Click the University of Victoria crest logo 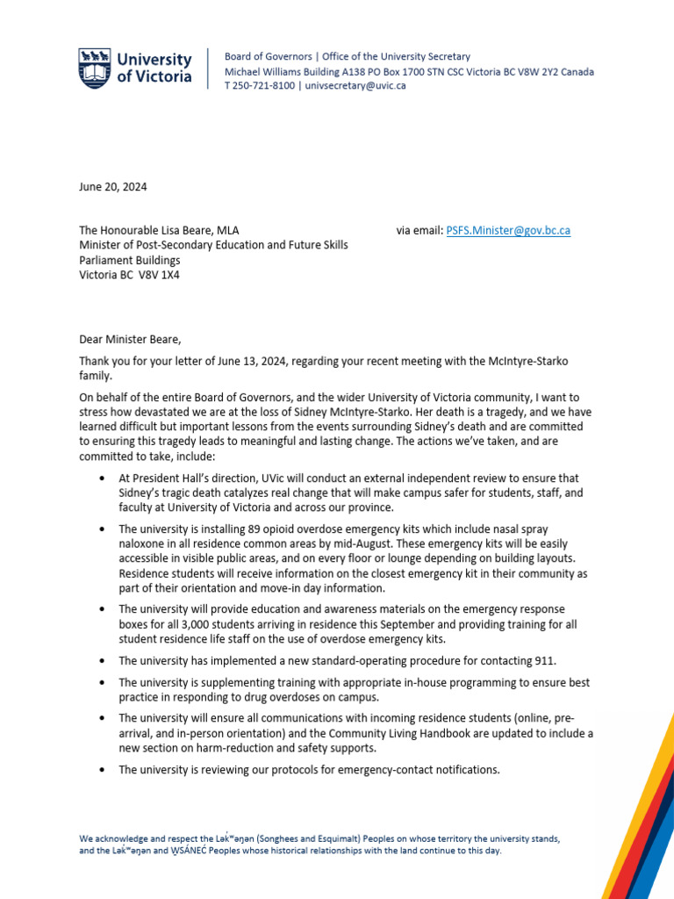(x=94, y=68)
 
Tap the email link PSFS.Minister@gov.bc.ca (x=508, y=230)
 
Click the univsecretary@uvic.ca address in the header (x=355, y=86)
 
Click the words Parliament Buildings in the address (x=130, y=261)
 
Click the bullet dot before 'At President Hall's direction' (x=104, y=479)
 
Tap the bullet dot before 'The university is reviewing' (x=104, y=770)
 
